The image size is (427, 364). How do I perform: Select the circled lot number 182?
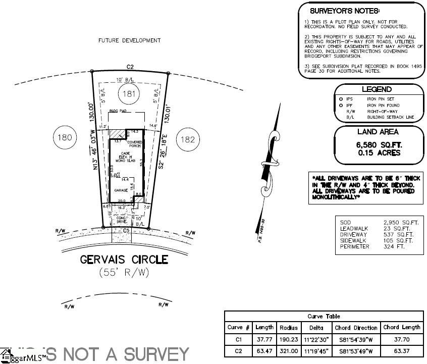coord(188,139)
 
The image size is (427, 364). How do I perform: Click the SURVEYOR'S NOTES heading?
coord(344,11)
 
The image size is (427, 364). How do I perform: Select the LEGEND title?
coord(377,89)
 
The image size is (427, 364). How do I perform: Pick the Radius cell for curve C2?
coord(289,351)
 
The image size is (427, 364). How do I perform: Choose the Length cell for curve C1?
coord(264,339)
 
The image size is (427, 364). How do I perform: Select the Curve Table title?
coord(324,317)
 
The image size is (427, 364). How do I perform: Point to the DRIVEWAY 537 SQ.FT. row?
coord(377,234)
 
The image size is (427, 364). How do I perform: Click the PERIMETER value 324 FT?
coord(394,246)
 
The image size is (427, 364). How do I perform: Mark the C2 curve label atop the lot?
coord(130,67)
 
